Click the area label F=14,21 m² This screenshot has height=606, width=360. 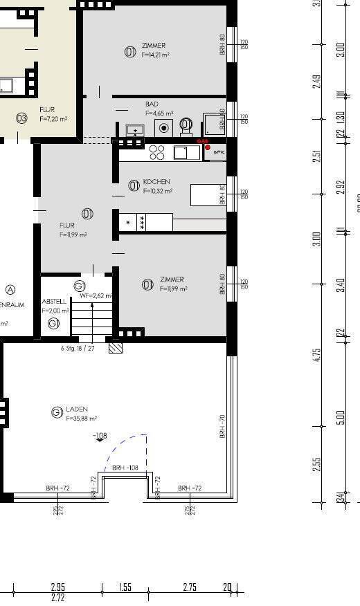(156, 54)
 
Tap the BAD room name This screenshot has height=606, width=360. (152, 104)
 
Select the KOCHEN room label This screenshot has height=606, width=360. (156, 182)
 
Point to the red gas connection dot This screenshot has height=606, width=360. (207, 147)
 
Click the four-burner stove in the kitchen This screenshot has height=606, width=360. (157, 152)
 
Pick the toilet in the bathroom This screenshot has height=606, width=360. (186, 125)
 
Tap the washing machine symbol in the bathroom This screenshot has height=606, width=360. (164, 127)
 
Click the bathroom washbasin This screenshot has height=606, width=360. (134, 129)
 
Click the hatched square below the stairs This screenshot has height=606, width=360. (116, 348)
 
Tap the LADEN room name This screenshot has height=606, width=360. (77, 410)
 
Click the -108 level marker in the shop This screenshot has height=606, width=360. (100, 436)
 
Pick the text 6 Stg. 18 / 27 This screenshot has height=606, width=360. (78, 348)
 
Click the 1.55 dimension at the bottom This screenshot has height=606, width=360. (125, 587)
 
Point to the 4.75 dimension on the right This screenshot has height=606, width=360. (317, 354)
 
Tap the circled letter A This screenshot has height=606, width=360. (10, 290)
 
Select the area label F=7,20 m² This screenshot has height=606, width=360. (53, 119)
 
